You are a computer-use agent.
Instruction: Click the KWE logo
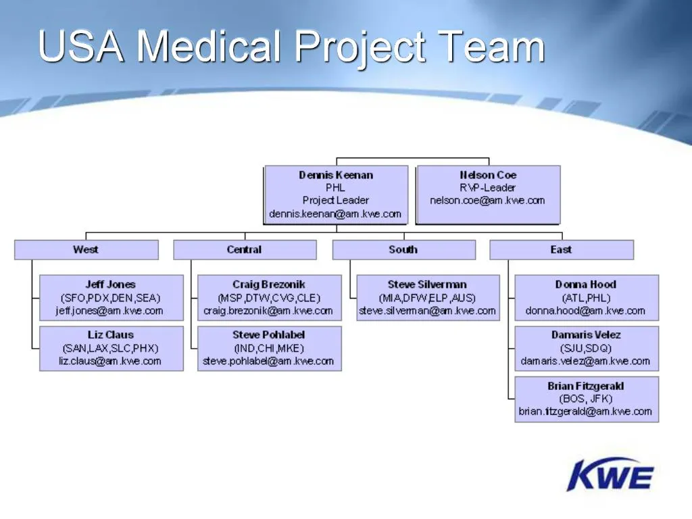point(610,474)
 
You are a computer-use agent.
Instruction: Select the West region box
point(86,250)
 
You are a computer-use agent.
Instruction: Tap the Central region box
point(244,250)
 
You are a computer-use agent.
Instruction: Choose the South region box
point(403,250)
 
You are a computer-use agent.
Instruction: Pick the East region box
point(561,250)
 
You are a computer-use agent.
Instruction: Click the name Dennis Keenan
point(336,175)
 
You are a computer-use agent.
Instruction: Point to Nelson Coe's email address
point(487,200)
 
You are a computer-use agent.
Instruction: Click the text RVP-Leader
point(487,188)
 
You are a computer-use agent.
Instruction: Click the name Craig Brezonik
point(268,285)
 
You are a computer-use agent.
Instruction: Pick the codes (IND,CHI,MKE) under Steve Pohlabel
point(268,348)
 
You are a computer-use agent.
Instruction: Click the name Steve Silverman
point(427,285)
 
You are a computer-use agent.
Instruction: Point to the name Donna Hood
point(585,285)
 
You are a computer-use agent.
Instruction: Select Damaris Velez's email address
point(585,361)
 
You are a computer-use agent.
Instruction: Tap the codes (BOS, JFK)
point(585,399)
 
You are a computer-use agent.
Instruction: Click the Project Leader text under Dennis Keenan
point(336,200)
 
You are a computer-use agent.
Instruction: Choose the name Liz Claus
point(110,335)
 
